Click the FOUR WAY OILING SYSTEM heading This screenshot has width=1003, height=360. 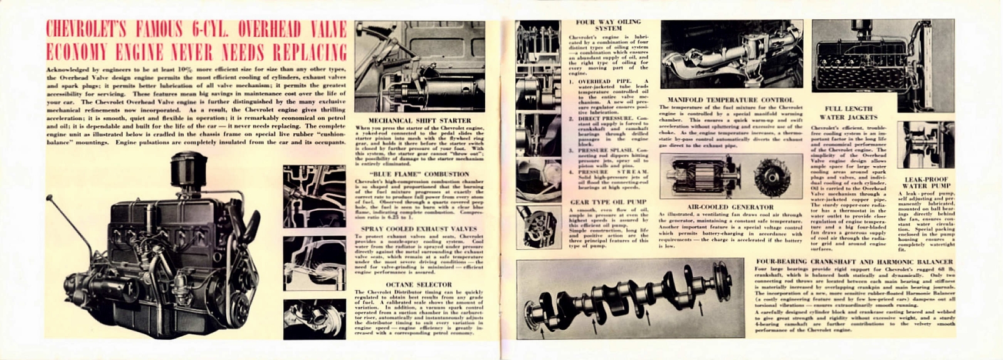(608, 25)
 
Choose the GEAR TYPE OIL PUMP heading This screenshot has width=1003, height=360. (608, 203)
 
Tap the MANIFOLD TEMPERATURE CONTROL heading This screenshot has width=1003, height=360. (730, 100)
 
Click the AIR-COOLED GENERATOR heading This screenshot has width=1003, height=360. (730, 207)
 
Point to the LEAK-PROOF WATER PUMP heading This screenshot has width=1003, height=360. (926, 183)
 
